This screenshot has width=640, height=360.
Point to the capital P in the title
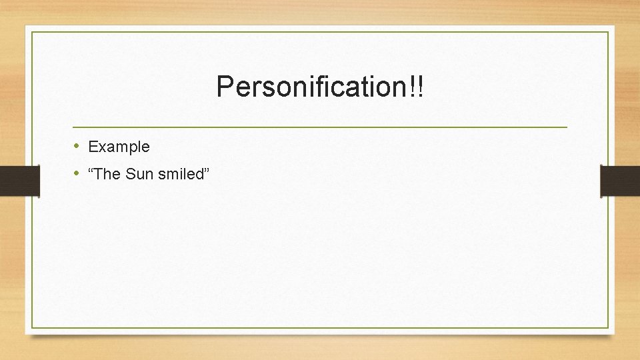(224, 87)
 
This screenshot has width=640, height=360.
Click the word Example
(119, 147)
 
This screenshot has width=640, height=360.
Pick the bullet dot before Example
(77, 146)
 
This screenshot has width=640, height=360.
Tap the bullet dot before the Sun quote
(77, 174)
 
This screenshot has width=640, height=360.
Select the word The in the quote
(109, 175)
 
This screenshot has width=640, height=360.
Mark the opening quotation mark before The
(91, 171)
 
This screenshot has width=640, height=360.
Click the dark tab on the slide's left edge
(19, 181)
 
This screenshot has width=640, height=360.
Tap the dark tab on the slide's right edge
(620, 181)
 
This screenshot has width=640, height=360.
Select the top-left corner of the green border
(32, 32)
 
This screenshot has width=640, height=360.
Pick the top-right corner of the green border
(608, 32)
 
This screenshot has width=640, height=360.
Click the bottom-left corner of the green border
(32, 327)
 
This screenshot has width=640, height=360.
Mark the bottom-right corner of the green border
(608, 327)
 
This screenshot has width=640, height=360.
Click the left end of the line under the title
(74, 127)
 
